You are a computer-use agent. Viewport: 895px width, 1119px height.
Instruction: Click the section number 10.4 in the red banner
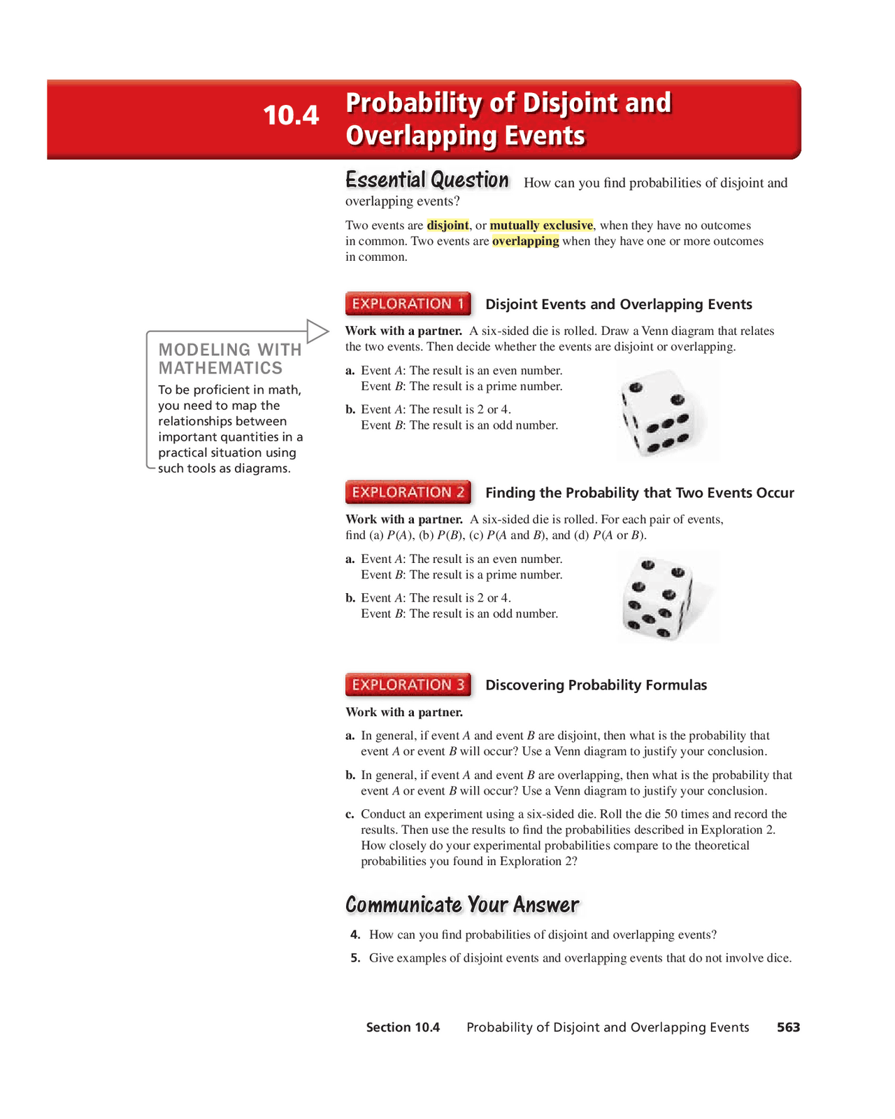(x=291, y=115)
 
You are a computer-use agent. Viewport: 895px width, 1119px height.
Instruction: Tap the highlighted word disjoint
(x=447, y=225)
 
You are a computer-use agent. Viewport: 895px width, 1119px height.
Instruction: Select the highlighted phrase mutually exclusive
(x=541, y=225)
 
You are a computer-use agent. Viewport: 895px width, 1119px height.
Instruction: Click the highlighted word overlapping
(x=525, y=241)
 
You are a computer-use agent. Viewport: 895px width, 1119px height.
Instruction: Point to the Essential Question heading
(x=427, y=180)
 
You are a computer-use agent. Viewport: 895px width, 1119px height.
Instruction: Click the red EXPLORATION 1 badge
(x=408, y=304)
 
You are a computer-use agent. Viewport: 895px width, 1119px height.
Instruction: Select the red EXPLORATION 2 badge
(x=408, y=492)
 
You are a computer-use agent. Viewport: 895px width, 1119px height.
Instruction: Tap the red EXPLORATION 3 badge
(x=408, y=685)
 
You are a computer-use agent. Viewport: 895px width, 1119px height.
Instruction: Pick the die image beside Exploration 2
(x=660, y=598)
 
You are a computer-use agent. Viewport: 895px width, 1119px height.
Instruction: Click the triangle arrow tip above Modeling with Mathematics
(x=318, y=331)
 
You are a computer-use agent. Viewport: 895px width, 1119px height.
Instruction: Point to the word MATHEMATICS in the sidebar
(x=220, y=368)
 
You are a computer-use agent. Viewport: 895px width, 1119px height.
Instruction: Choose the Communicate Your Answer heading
(x=462, y=905)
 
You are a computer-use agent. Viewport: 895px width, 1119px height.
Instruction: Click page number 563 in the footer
(x=788, y=1027)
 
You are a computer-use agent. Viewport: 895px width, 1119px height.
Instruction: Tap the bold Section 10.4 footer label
(x=403, y=1027)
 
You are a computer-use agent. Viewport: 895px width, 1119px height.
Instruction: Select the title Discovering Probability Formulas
(x=596, y=685)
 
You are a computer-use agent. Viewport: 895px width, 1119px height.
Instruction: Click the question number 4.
(x=355, y=935)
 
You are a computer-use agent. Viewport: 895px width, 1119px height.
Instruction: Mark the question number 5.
(x=355, y=958)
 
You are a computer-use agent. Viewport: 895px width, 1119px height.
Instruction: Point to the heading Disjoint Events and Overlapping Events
(x=618, y=304)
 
